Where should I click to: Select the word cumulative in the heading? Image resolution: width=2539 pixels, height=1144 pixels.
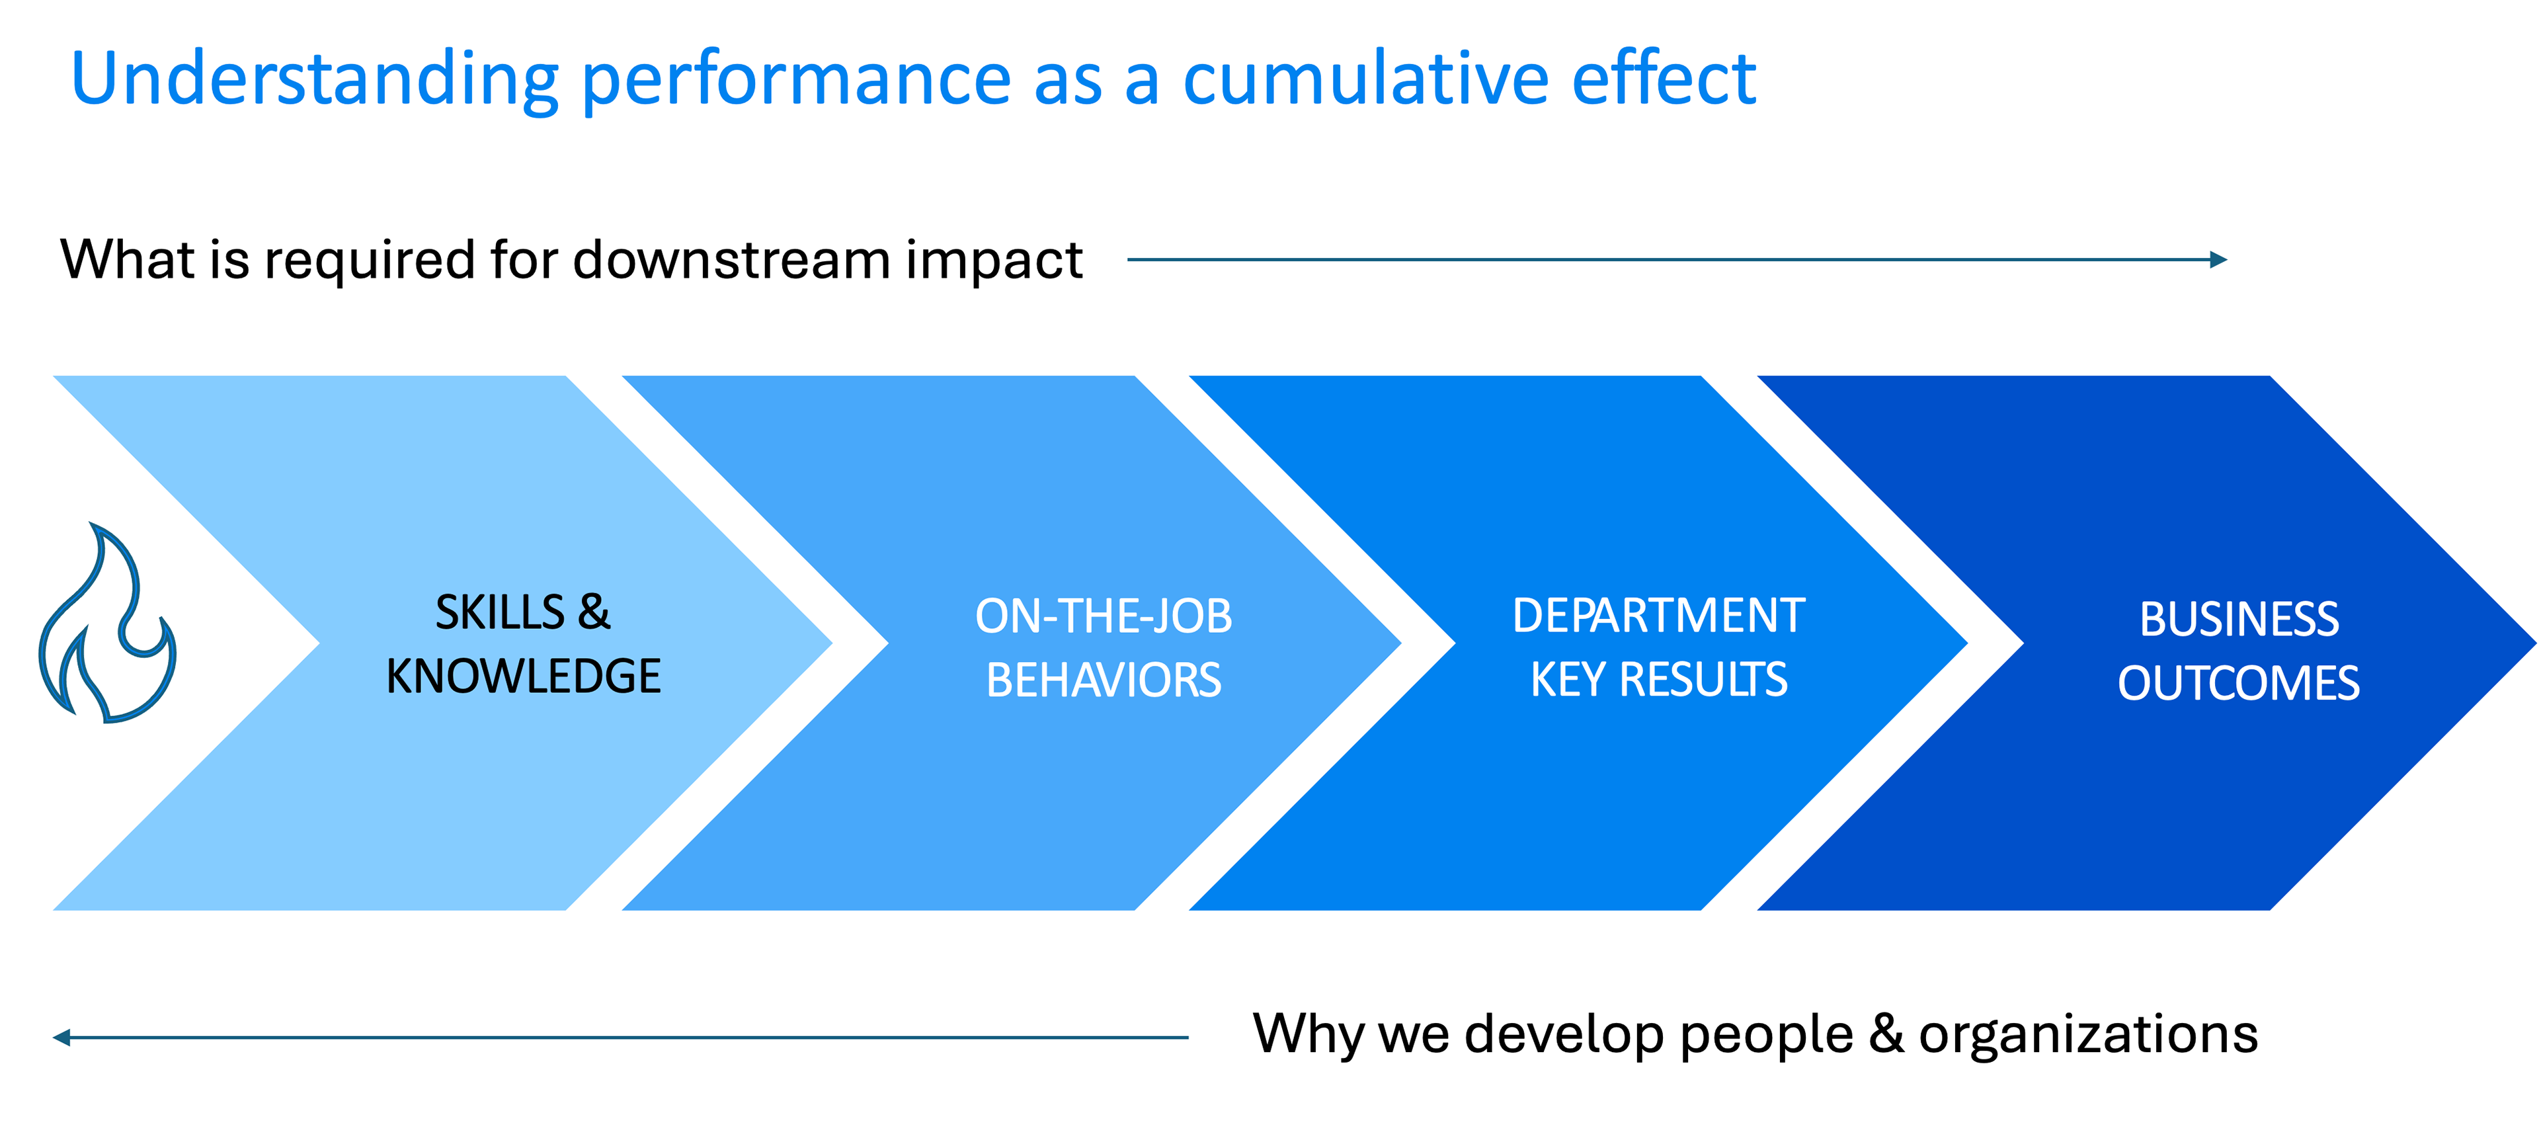pyautogui.click(x=1365, y=79)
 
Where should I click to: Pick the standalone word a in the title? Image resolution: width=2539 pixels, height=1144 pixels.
pyautogui.click(x=1141, y=85)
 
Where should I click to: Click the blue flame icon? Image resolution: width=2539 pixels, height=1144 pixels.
pyautogui.click(x=106, y=625)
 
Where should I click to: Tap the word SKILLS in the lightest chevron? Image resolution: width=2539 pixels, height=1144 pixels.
pyautogui.click(x=501, y=613)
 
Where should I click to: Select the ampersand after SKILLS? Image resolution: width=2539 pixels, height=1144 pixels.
pyautogui.click(x=593, y=613)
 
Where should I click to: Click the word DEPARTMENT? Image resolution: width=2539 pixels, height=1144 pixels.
pyautogui.click(x=1659, y=616)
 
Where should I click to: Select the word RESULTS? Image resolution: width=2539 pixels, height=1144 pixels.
pyautogui.click(x=1703, y=680)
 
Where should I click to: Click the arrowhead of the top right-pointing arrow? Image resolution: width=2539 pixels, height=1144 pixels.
pyautogui.click(x=2219, y=260)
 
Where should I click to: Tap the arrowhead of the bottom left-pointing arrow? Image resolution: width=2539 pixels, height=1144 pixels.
pyautogui.click(x=61, y=1037)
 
